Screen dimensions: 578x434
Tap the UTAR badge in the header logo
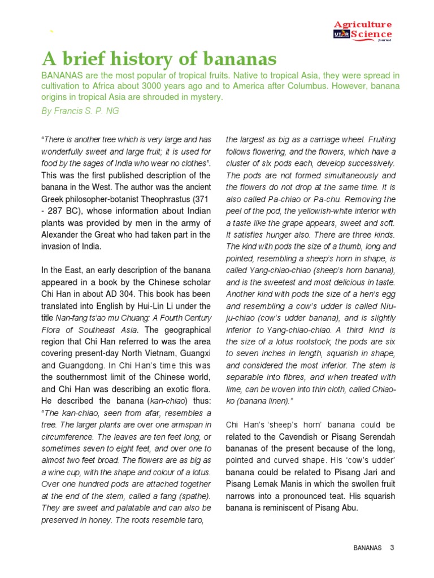(x=341, y=35)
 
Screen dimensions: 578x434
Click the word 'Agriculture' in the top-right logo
(x=363, y=25)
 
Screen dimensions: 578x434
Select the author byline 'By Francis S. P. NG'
(x=80, y=111)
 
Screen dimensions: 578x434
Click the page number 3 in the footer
(x=392, y=548)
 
